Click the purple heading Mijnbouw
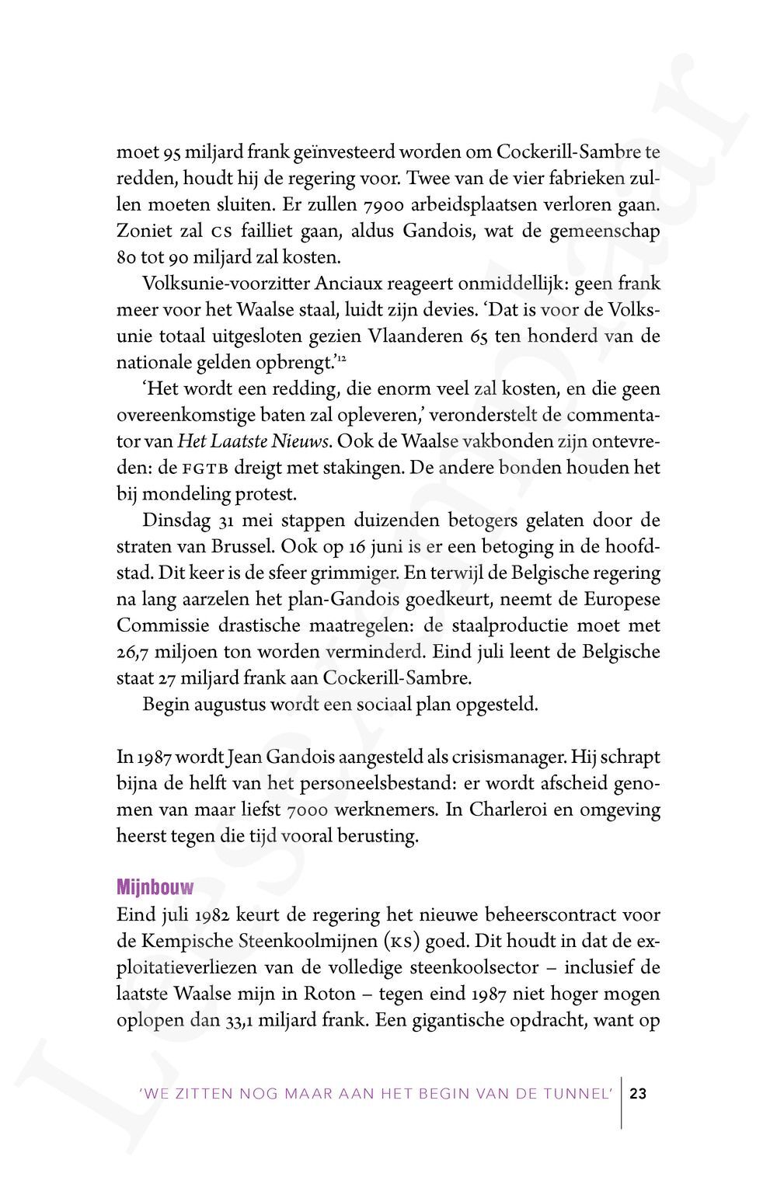pos(155,886)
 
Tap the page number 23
pos(638,1094)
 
